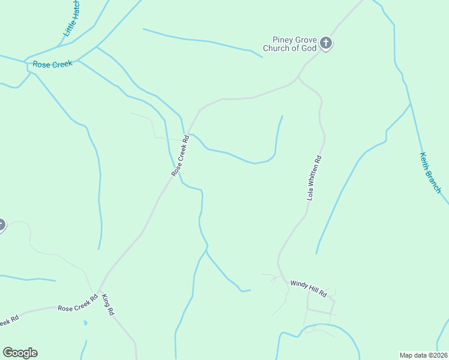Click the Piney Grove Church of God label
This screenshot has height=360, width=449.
(290, 44)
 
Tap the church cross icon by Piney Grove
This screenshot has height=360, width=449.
(325, 43)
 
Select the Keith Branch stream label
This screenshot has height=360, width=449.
(430, 173)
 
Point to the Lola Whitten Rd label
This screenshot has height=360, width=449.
(315, 178)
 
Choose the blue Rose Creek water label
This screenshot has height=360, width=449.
(53, 64)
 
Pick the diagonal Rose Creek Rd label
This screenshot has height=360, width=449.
(180, 155)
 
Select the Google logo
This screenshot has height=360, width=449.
(20, 353)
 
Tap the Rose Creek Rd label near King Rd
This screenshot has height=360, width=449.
(77, 304)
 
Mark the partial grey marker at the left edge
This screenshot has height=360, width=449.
(1, 225)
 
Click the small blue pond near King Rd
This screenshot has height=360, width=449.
(85, 323)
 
